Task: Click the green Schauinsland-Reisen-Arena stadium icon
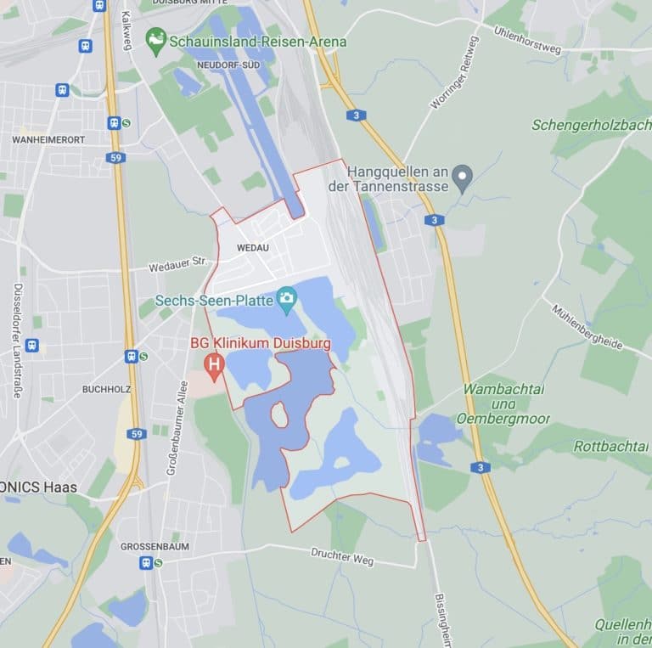pos(156,40)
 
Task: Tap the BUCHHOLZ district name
pos(105,389)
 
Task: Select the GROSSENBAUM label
pos(154,546)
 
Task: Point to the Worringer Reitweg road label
pos(455,72)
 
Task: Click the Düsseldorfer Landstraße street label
pos(17,340)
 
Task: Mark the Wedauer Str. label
pos(177,264)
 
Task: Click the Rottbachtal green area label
pos(611,445)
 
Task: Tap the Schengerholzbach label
pos(591,125)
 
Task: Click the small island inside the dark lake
pos(278,415)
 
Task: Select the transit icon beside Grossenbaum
pos(146,562)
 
